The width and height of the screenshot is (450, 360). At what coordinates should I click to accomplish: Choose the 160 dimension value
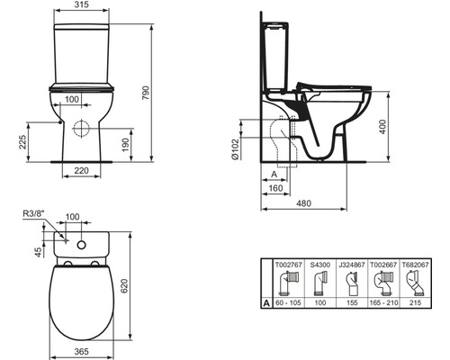coord(274,190)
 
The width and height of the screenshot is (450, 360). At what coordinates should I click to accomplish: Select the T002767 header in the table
coord(288,265)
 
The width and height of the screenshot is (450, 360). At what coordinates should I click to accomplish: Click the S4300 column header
coord(319,265)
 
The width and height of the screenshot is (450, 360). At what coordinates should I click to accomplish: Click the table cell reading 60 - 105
coord(288,304)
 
